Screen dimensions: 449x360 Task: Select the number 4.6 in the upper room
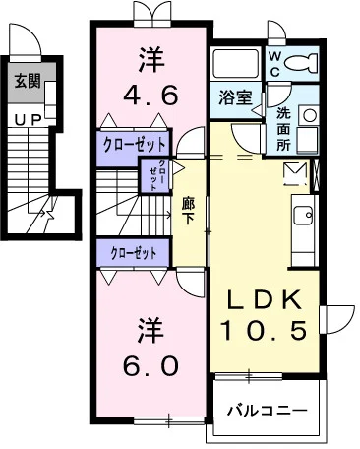pos(150,96)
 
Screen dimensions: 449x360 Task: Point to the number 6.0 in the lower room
pos(151,365)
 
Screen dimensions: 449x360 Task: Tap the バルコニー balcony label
pos(267,409)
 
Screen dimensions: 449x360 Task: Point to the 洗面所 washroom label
pos(280,127)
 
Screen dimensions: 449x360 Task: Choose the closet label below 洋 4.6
pos(134,142)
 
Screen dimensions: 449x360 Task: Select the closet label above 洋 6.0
pos(134,252)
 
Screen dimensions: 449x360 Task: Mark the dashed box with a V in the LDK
pos(295,175)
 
